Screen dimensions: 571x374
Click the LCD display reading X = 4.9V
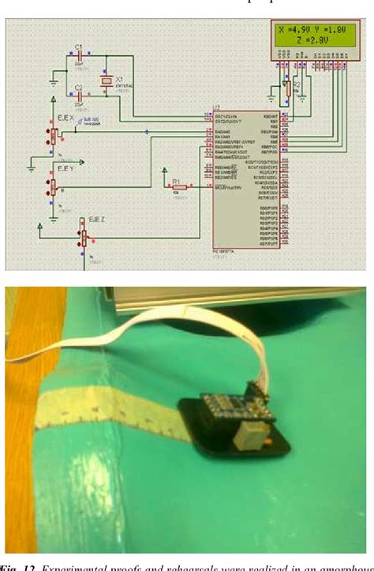[x=311, y=39]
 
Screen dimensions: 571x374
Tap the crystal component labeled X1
[x=103, y=82]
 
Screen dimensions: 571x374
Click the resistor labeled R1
[x=178, y=187]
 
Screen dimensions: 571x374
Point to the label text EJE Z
[x=98, y=219]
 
